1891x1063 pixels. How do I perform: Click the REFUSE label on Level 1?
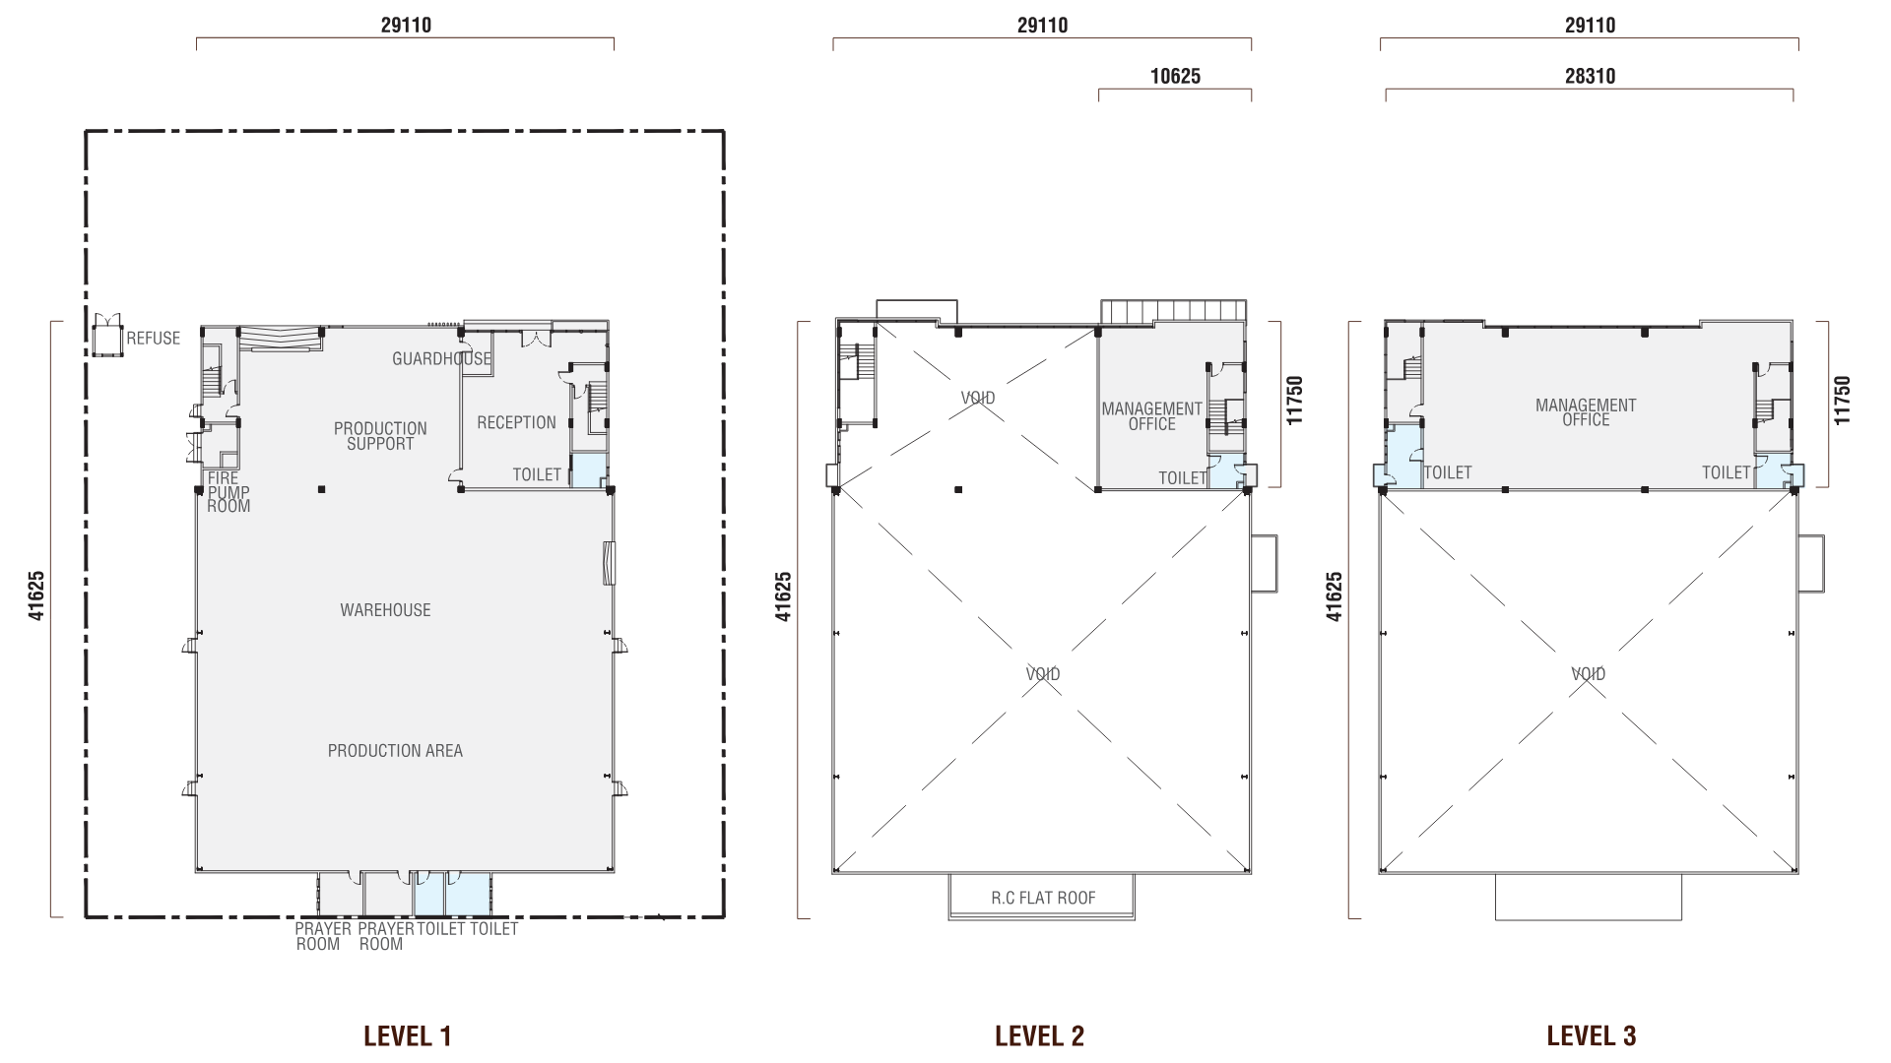click(x=154, y=339)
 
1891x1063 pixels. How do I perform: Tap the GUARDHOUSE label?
click(x=441, y=359)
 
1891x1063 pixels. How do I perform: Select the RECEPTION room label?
click(x=516, y=422)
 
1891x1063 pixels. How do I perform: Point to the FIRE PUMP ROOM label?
click(x=228, y=492)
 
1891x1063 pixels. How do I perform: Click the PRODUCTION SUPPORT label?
click(x=380, y=436)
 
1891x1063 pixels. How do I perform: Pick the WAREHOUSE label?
click(x=385, y=610)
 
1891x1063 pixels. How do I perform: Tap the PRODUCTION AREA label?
click(x=395, y=751)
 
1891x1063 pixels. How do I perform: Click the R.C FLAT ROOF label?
click(x=1043, y=898)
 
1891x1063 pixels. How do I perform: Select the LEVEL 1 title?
click(x=407, y=1035)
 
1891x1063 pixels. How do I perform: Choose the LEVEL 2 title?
click(x=1039, y=1035)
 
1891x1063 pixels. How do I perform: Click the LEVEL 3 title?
click(x=1592, y=1035)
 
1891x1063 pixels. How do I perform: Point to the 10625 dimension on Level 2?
click(x=1175, y=76)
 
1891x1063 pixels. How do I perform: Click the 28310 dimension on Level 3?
click(x=1590, y=76)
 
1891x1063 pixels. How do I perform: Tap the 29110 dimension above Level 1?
click(x=406, y=25)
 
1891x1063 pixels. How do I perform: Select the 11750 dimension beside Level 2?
click(x=1294, y=401)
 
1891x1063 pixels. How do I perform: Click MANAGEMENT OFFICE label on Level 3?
click(x=1586, y=412)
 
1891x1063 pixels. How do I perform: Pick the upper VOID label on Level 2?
click(x=978, y=399)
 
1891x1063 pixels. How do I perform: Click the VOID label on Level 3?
click(x=1588, y=674)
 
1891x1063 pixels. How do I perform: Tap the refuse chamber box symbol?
click(x=105, y=338)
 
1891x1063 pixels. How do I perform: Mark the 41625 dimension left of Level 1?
click(x=36, y=596)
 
